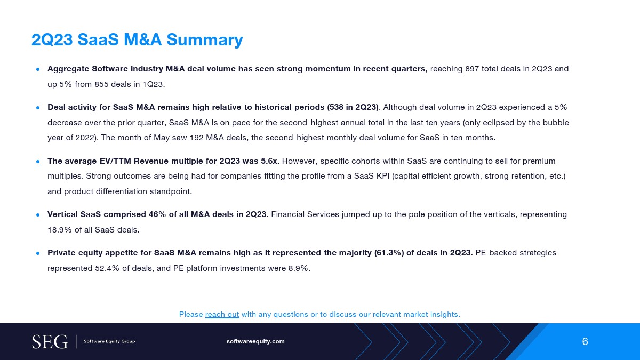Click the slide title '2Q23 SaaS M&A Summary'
click(137, 39)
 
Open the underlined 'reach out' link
click(222, 314)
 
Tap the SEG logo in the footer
click(50, 341)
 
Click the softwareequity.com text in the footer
click(255, 341)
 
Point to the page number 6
click(585, 341)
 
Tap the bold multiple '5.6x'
click(269, 161)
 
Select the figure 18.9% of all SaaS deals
click(58, 230)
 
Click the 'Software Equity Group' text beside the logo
click(109, 341)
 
